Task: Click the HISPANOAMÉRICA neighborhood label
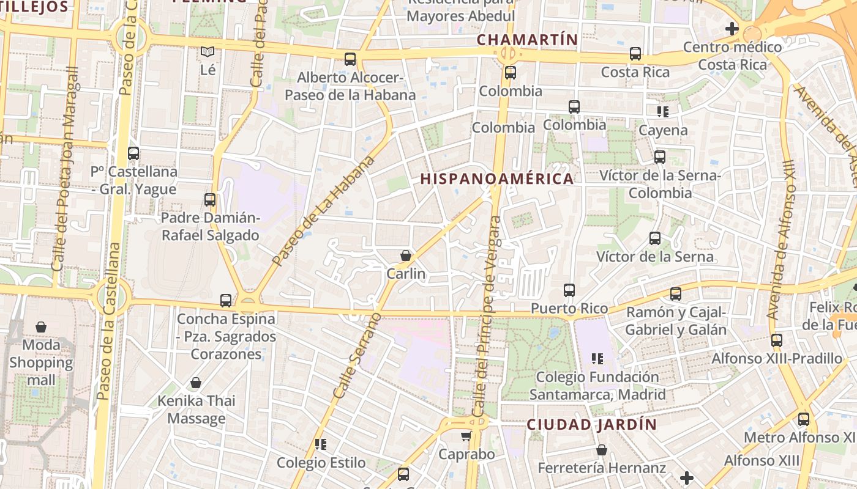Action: point(497,178)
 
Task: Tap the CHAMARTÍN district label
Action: point(527,40)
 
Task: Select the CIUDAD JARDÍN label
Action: point(592,424)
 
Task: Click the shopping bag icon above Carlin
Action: point(405,256)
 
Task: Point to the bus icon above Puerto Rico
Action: point(569,290)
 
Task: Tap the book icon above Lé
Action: point(208,52)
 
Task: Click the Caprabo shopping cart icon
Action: point(466,436)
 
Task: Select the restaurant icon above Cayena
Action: point(662,112)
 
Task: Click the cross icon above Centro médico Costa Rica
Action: point(732,28)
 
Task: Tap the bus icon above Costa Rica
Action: point(635,54)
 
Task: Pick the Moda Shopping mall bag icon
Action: point(41,327)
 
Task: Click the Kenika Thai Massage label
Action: point(196,410)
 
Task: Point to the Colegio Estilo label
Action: point(321,463)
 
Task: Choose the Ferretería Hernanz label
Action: point(601,468)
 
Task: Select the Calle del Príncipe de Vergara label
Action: point(487,318)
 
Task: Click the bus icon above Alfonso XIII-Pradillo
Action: point(776,340)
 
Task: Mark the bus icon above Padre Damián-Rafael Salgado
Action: point(210,200)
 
